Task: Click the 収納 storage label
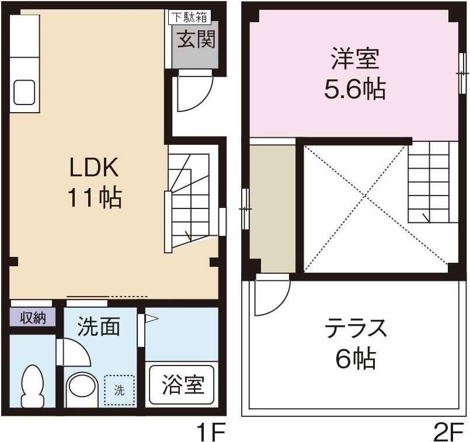(33, 318)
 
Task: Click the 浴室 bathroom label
(182, 385)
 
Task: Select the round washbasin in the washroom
(81, 388)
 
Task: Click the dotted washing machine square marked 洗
(119, 390)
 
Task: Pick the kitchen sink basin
(23, 92)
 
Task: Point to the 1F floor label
(210, 432)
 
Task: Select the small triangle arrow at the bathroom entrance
(152, 319)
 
